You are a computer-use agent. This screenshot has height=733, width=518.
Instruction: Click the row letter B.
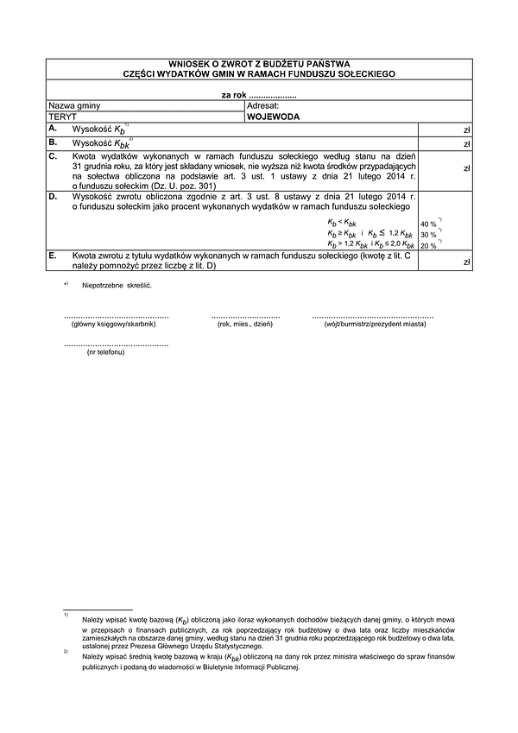pos(53,141)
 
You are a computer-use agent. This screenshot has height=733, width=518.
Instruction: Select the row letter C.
pos(53,155)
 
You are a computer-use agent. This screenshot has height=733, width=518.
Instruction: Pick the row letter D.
pos(53,198)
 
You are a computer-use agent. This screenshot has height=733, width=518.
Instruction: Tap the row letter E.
pos(53,256)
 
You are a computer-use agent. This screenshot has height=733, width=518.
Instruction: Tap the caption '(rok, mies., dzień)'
pos(246,324)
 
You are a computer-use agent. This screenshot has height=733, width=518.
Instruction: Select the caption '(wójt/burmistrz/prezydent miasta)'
pos(373,324)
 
